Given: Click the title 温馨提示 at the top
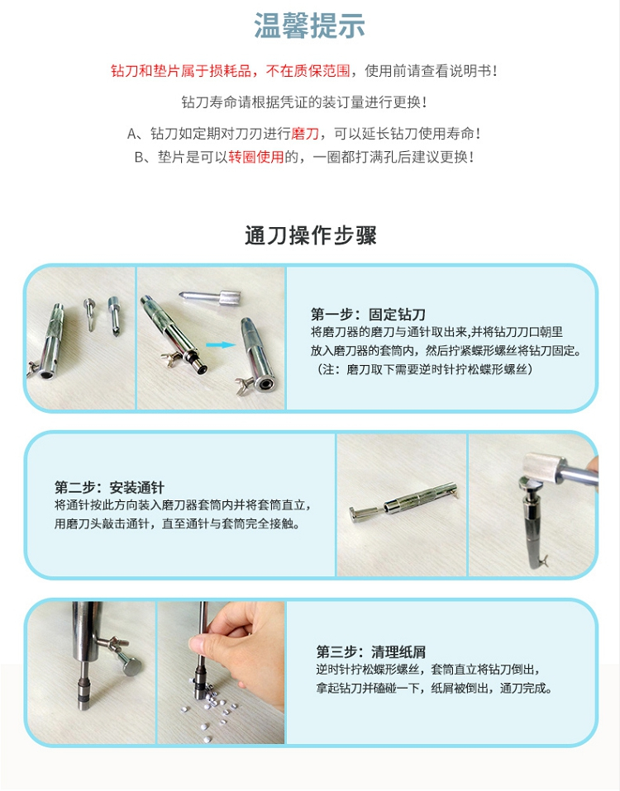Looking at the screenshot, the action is (x=309, y=26).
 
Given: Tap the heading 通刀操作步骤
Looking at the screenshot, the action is (x=311, y=235).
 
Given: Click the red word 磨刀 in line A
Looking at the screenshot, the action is (x=306, y=134).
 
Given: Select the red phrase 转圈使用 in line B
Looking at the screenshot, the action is (x=256, y=157).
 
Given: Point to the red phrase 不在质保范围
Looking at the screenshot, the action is (x=308, y=71).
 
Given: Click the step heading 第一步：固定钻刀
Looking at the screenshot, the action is (x=368, y=315).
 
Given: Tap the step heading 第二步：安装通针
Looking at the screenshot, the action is (x=109, y=488).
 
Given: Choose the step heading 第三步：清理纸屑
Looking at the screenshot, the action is (x=371, y=651).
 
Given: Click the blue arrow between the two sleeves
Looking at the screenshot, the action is (x=221, y=345).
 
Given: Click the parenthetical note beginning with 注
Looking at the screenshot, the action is (x=425, y=369).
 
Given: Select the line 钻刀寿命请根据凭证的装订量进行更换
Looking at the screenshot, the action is (x=304, y=102).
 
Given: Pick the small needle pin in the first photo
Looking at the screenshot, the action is (x=90, y=313).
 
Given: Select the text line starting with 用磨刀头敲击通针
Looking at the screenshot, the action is (x=177, y=523).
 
